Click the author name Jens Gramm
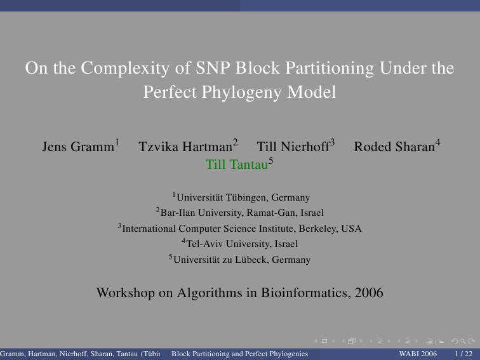(x=78, y=147)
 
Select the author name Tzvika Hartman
(x=185, y=147)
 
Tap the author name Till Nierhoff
(x=293, y=147)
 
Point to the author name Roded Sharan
(x=394, y=147)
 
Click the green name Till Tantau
(x=237, y=164)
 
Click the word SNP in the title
(x=213, y=68)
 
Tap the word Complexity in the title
(x=125, y=69)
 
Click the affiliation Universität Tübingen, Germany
(x=243, y=197)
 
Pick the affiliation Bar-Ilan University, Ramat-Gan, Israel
(x=242, y=213)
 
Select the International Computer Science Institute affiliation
(x=242, y=229)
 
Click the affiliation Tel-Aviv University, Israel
(x=242, y=244)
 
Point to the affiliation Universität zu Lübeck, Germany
(x=242, y=260)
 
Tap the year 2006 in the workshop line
(x=369, y=293)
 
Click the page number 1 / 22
(x=463, y=354)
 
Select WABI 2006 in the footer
(x=418, y=354)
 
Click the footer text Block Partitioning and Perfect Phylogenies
(x=240, y=354)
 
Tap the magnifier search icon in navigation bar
(x=463, y=341)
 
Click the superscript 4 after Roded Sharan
(x=437, y=142)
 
